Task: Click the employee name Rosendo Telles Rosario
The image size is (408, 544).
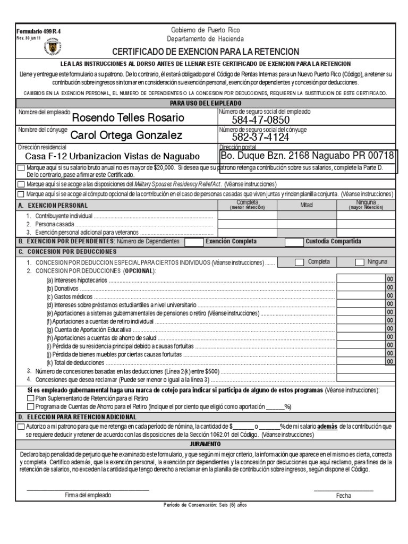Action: (128, 117)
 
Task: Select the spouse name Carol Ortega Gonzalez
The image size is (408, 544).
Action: (126, 135)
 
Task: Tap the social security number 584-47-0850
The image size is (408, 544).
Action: (260, 120)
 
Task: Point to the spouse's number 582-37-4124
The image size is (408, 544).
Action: (260, 137)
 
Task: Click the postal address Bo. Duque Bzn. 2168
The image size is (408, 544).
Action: (308, 156)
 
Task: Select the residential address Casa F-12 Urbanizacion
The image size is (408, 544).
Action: (113, 156)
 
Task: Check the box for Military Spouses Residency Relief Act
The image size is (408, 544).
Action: (21, 184)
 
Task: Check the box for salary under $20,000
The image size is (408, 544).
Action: (21, 168)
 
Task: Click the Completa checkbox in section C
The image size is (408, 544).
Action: (300, 262)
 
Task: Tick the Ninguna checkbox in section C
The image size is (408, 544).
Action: (360, 262)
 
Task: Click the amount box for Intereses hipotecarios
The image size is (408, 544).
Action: (360, 279)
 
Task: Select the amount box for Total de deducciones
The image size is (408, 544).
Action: (360, 361)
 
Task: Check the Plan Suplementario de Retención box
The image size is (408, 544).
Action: (30, 397)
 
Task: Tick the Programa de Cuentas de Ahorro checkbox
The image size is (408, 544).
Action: (30, 406)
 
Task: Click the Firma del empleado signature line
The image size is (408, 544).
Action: (88, 489)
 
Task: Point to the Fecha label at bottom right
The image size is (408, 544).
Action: (344, 496)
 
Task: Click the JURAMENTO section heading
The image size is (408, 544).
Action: (205, 444)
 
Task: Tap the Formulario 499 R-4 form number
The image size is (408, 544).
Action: (31, 31)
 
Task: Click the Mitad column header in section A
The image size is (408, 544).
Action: (307, 205)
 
